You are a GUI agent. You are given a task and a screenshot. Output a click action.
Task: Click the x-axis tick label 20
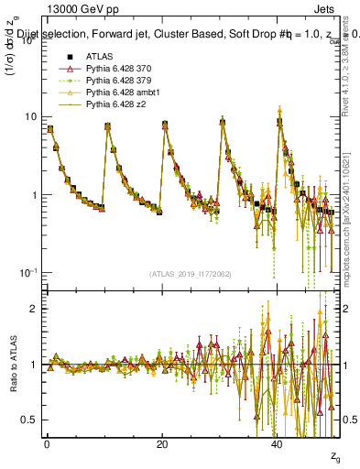click(x=162, y=444)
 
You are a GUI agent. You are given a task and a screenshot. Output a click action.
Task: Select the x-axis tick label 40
click(x=277, y=444)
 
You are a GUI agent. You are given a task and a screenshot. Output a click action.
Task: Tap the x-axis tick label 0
click(x=47, y=444)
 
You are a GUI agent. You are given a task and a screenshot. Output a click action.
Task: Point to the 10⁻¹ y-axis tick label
click(x=27, y=273)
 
